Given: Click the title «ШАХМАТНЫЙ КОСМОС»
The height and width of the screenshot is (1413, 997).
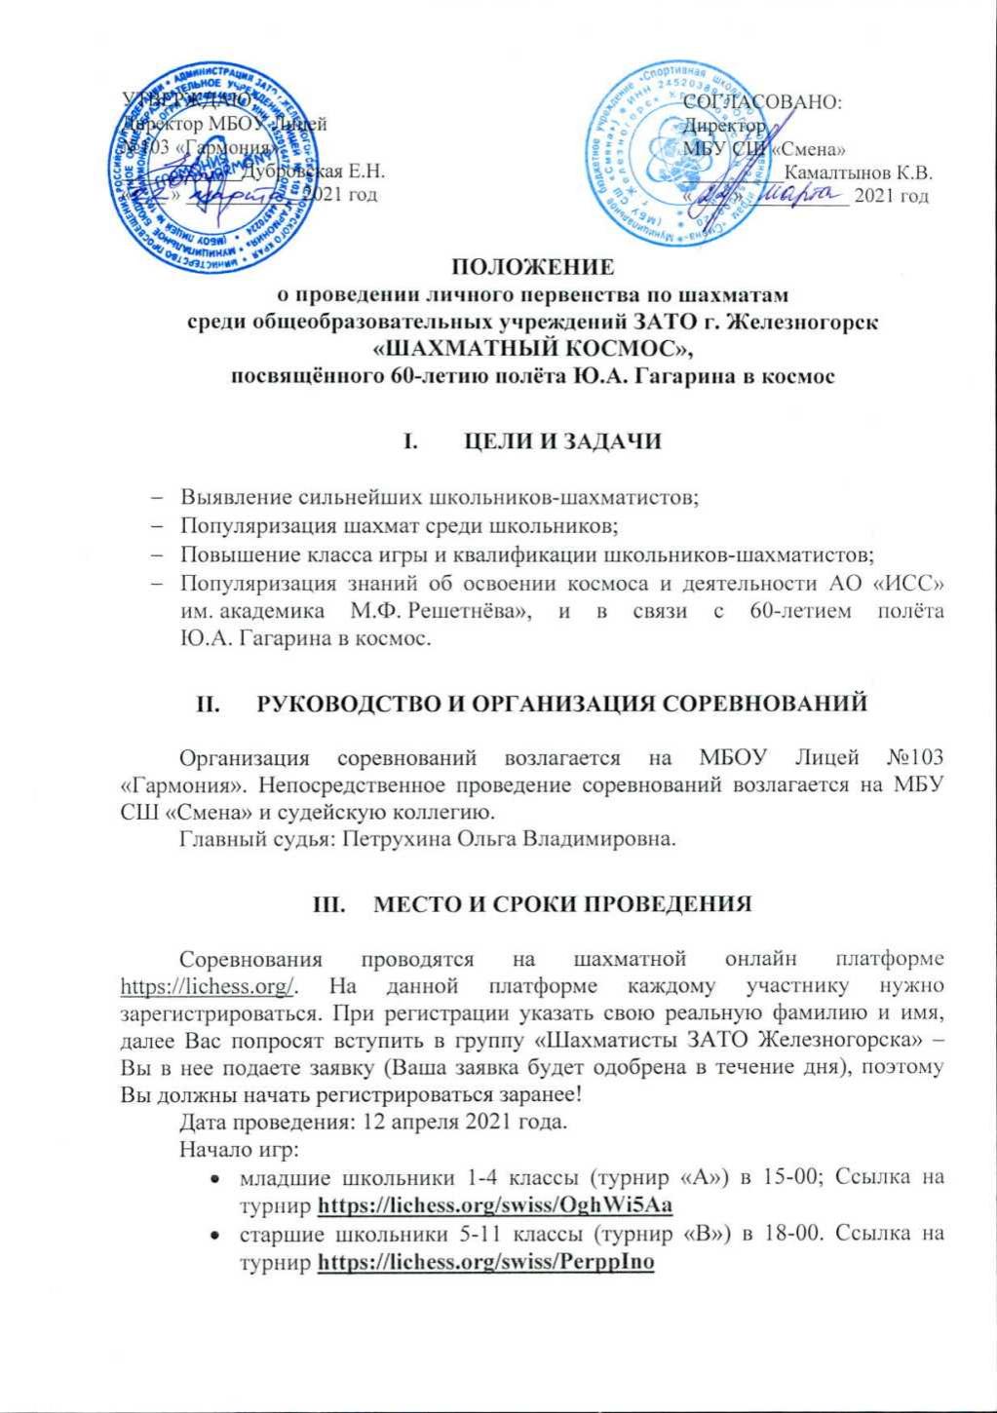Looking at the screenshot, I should pos(538,347).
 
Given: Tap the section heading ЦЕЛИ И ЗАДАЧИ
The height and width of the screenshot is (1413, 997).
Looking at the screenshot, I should pos(558,440).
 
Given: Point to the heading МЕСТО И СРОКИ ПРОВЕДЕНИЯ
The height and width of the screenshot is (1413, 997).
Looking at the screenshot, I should pos(557,902).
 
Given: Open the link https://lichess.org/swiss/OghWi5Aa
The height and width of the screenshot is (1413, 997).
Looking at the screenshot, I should pos(496,1205).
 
